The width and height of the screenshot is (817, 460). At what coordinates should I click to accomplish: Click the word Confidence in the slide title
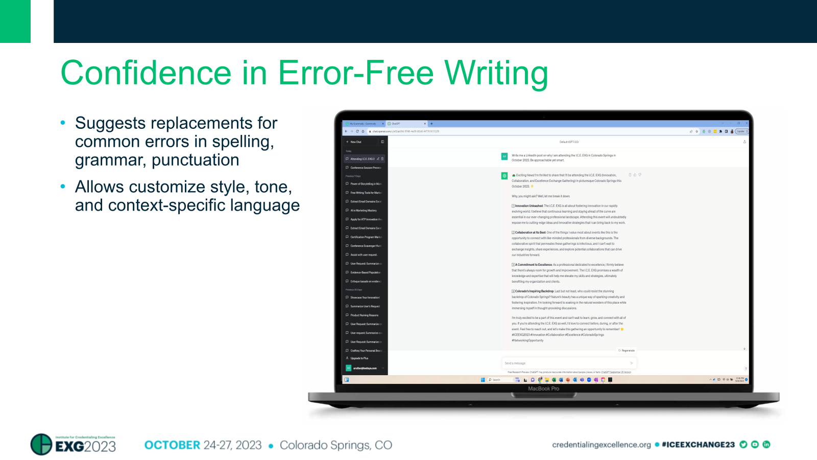tap(146, 73)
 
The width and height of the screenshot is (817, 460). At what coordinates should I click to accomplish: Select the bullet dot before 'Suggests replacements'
tap(63, 123)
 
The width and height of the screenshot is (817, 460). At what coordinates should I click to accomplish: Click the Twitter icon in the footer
tap(743, 445)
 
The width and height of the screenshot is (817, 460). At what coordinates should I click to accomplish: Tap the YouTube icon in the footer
tap(755, 445)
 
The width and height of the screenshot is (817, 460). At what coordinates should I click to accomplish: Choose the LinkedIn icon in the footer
tap(766, 445)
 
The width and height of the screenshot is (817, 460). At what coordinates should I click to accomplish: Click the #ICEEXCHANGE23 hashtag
tap(698, 445)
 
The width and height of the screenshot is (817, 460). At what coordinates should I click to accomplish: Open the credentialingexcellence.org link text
tap(601, 445)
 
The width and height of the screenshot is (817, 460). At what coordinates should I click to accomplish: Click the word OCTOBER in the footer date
tap(172, 445)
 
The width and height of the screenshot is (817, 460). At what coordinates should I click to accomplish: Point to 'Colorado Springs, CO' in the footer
tap(335, 445)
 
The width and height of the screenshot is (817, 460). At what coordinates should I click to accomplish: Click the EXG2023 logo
tap(73, 445)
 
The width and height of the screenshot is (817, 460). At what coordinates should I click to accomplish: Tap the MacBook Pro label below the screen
tap(543, 389)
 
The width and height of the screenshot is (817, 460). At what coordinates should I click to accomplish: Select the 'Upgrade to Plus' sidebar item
tap(359, 358)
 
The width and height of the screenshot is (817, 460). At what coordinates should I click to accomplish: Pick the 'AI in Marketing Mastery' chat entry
tap(363, 211)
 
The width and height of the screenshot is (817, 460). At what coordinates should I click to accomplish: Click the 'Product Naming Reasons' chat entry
tap(364, 315)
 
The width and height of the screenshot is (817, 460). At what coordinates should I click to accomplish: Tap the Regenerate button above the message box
tap(627, 351)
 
